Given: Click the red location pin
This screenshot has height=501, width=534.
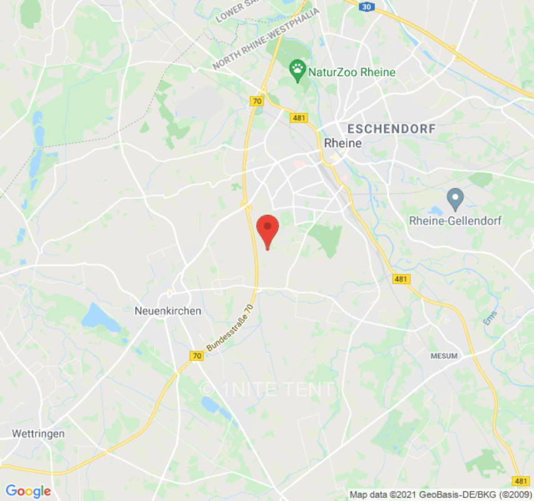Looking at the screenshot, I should [x=268, y=229].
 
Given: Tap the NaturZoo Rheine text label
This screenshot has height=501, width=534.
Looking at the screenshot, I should [x=352, y=72].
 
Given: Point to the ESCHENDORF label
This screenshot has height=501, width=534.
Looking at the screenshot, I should [x=391, y=128].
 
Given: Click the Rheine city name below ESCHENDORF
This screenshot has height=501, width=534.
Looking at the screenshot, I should [x=343, y=143].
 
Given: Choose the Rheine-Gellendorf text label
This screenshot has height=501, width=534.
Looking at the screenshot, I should [x=455, y=220].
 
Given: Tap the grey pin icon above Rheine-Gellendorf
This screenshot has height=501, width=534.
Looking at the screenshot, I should [x=455, y=200].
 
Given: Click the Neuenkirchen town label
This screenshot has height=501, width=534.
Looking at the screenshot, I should [x=168, y=311].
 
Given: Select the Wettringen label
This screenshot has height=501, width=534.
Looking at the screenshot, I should [x=38, y=433].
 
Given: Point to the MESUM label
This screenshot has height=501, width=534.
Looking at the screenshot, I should [x=444, y=356].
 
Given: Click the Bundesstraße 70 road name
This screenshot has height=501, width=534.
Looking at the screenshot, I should [x=230, y=327].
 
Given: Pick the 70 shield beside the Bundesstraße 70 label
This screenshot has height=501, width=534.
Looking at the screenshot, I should [x=197, y=356].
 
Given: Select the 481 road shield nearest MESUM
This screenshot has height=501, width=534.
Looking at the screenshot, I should [x=401, y=279].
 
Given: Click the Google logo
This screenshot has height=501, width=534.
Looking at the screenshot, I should [x=28, y=491].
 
